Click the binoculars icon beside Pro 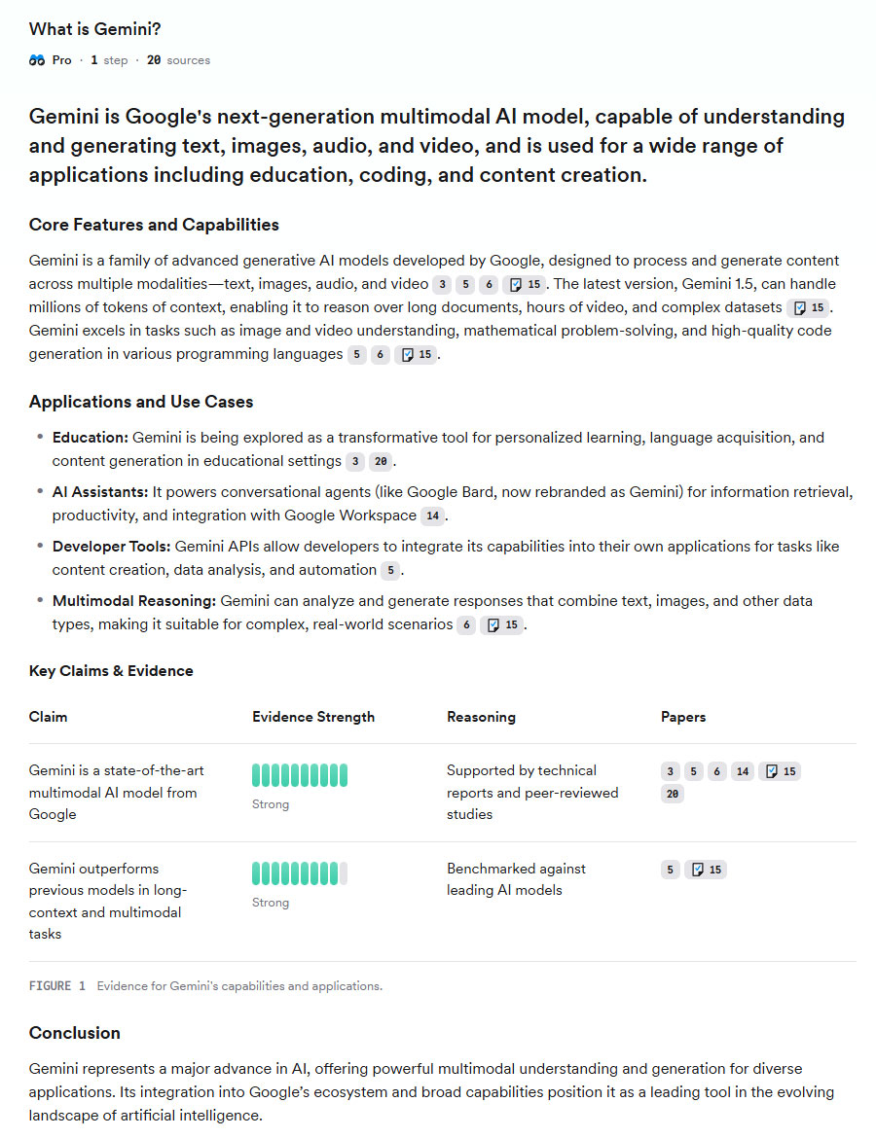pos(37,60)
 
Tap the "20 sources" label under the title pos(178,60)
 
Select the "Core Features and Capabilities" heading pos(154,225)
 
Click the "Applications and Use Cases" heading pos(142,402)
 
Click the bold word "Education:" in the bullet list pos(91,438)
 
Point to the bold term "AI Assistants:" pos(100,492)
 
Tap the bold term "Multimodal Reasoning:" pos(134,601)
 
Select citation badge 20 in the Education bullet pos(381,461)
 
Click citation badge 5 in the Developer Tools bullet pos(390,570)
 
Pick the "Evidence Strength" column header pos(313,717)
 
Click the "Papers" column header pos(683,717)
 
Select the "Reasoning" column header pos(481,717)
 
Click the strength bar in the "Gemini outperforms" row pos(300,873)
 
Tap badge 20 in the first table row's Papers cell pos(672,794)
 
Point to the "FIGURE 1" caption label pos(57,986)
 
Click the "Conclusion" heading pos(75,1033)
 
